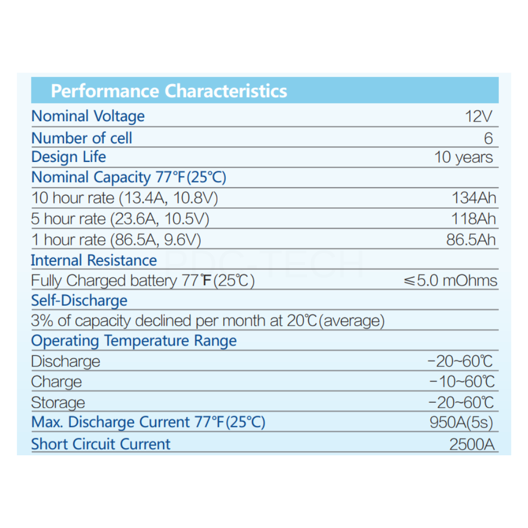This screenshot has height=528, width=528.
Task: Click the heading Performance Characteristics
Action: [x=169, y=91]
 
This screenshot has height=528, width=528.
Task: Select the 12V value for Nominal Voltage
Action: [x=478, y=117]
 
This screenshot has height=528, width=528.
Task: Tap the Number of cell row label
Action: [x=81, y=138]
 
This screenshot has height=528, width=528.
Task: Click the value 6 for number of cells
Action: [x=488, y=138]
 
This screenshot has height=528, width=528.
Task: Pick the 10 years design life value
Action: [x=464, y=157]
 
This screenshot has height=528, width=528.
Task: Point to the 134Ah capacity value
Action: [x=473, y=198]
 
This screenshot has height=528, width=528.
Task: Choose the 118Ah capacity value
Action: [x=473, y=219]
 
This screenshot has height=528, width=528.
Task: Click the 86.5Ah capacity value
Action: [x=471, y=240]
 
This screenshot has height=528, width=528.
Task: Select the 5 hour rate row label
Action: [x=120, y=219]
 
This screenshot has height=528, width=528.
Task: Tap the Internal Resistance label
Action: [x=93, y=260]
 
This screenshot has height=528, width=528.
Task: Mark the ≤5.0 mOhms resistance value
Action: [x=450, y=281]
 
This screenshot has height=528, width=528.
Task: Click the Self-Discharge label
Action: [x=79, y=301]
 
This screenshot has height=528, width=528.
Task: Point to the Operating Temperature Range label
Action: [x=134, y=341]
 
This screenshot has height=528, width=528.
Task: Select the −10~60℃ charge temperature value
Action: [x=461, y=382]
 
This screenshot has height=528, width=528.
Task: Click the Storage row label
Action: [x=58, y=403]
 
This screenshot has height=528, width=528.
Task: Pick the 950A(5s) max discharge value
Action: [x=461, y=423]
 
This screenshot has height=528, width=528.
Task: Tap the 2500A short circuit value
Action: [x=472, y=444]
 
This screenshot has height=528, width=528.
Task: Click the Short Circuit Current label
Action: [x=101, y=444]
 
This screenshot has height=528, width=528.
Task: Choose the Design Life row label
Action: [x=69, y=157]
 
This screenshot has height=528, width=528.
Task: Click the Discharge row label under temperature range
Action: [x=65, y=361]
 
